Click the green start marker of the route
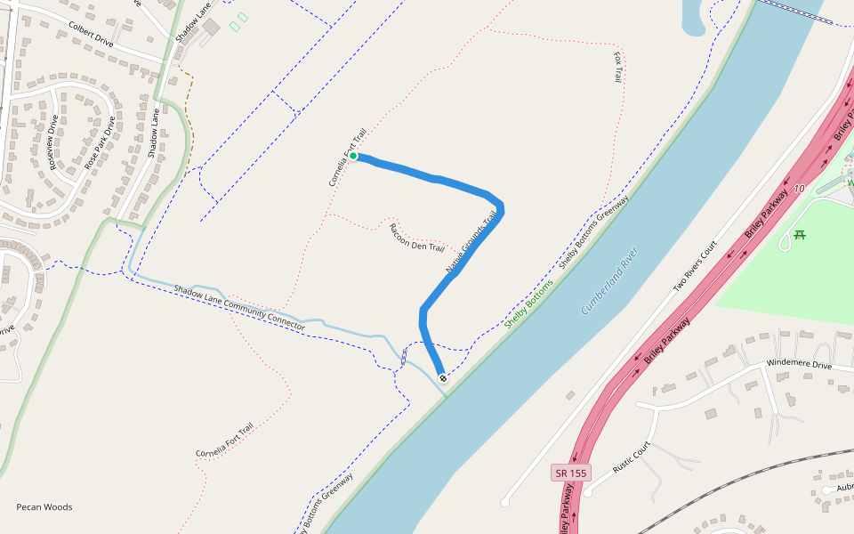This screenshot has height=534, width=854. coord(353,157)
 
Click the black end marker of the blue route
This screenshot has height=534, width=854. coord(443,378)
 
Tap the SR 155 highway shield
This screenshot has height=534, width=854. coord(569,473)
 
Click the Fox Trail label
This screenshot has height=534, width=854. coord(618,67)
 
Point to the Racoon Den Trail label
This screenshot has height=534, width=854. coord(416,238)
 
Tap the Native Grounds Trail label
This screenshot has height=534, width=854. coord(471,243)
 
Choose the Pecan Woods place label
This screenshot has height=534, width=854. coord(44,507)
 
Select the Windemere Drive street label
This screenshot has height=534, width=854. coord(799,366)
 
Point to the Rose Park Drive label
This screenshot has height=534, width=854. coord(100,143)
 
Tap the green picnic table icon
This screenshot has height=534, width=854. coord(799,235)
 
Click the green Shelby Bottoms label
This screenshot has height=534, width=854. coord(528,303)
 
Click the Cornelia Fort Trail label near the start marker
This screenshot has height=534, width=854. coord(348,158)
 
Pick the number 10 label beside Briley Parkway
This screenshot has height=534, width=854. coord(799,189)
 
